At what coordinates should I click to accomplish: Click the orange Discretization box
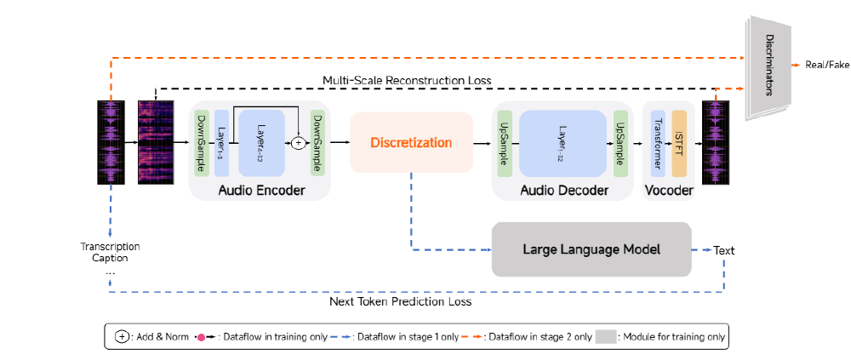411,143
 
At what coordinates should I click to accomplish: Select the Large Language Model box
591,249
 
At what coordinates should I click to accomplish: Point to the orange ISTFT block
679,142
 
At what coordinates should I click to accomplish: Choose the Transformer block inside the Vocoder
657,142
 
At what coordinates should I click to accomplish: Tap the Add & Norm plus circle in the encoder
298,143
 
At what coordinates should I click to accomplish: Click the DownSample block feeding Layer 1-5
201,142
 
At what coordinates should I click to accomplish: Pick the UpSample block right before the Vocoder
620,143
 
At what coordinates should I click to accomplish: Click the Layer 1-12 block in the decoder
563,142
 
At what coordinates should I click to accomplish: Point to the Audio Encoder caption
261,190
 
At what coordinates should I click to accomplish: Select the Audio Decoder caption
564,190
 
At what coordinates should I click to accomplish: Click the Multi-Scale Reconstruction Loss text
407,80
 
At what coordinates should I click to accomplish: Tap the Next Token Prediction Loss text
400,301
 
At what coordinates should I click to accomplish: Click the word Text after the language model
723,250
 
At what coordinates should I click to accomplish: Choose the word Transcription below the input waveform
110,247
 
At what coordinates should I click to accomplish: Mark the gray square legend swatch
606,336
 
